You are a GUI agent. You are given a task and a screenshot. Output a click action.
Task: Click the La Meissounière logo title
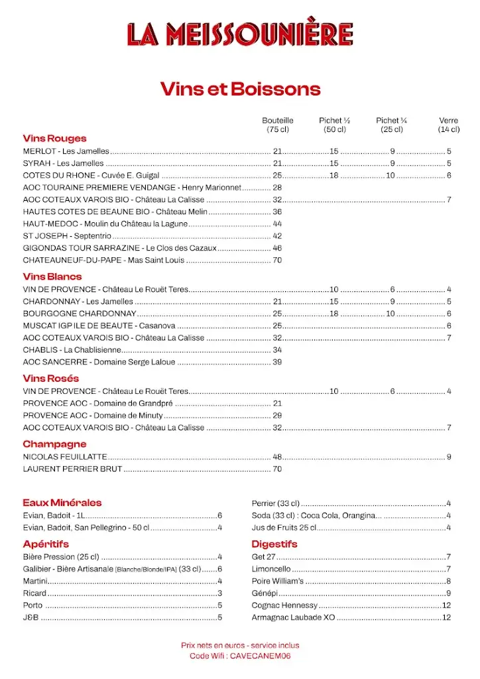coord(240,34)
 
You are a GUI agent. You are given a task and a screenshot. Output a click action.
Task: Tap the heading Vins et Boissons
coord(240,89)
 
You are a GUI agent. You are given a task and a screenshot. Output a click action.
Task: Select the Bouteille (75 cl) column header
coord(277,125)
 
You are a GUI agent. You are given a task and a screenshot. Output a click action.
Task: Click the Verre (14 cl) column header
coord(448,125)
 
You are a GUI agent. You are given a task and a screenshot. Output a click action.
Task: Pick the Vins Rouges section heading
coord(54,139)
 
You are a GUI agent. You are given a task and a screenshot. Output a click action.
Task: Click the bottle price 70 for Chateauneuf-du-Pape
coord(277,260)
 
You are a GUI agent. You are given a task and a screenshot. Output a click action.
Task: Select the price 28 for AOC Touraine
coord(277,188)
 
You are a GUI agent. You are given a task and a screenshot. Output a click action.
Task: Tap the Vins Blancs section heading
coord(52,277)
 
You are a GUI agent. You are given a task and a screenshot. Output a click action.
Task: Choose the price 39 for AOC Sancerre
coord(277,362)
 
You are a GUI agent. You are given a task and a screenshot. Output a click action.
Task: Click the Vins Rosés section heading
coord(50,379)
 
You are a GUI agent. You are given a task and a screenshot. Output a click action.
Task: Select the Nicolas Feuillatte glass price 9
coord(449,457)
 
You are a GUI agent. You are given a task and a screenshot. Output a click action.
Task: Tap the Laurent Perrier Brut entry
coord(72,469)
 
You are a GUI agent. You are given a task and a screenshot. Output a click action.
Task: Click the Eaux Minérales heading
coord(62,503)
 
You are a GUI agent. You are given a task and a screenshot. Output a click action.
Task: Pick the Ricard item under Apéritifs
coord(34,593)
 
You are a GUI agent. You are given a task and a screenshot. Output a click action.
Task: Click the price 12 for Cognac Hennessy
coord(446,605)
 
